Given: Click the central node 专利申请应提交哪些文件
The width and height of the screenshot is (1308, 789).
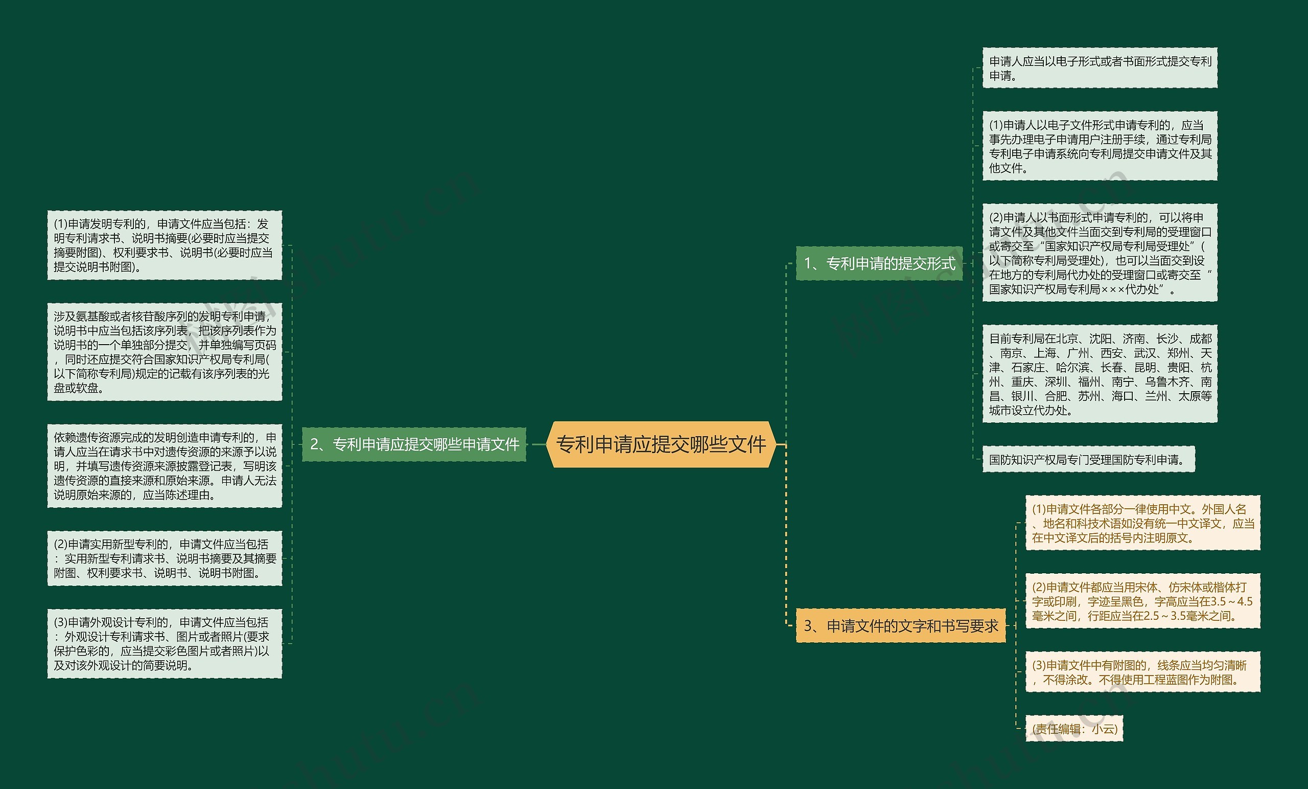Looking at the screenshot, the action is click(661, 444).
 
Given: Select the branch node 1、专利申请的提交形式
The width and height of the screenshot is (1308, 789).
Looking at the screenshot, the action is click(879, 263).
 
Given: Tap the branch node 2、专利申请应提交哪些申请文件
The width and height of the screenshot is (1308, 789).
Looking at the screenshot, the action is click(414, 444).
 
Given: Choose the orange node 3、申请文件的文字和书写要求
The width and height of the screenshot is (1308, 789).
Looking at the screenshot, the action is click(900, 626).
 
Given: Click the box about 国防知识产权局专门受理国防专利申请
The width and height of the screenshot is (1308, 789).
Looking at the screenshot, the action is click(1088, 460).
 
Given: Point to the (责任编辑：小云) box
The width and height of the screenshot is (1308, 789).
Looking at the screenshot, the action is click(1075, 729).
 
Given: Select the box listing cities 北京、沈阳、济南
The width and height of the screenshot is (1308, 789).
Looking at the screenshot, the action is click(1100, 374).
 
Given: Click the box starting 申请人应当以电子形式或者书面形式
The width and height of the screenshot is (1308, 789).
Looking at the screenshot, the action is click(1100, 69).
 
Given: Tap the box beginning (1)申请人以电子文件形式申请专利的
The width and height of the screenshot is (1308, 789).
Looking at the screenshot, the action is click(1100, 146).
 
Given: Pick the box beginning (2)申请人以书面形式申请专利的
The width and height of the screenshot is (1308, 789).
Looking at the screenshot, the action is click(1100, 253).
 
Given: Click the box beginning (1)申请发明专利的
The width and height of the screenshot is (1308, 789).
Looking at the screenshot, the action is click(165, 245).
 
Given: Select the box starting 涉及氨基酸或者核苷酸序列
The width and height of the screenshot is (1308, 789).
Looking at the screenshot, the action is click(165, 352).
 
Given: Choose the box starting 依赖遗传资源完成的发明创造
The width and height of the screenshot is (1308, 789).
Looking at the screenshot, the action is click(165, 466).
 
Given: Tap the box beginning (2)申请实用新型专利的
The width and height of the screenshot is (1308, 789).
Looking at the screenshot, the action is click(165, 558).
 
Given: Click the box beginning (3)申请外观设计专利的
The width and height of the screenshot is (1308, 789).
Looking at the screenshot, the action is click(165, 644).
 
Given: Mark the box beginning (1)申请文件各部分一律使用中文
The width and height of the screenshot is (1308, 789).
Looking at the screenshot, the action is click(1142, 523).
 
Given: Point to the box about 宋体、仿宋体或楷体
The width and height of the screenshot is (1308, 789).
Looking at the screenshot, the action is click(1142, 601).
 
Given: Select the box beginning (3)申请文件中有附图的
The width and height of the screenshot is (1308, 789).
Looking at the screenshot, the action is click(1142, 672).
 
